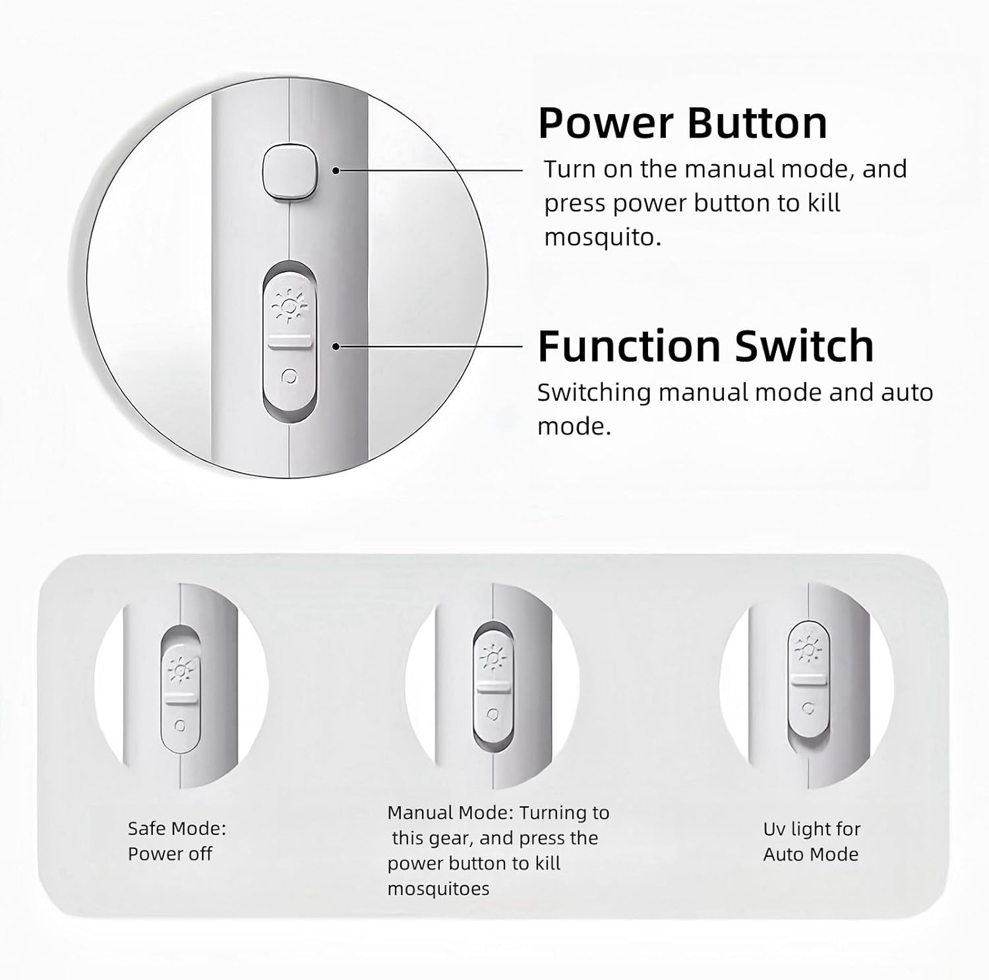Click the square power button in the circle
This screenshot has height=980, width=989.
tap(291, 173)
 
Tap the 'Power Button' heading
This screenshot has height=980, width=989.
tap(682, 123)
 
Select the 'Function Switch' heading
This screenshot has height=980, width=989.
tap(705, 346)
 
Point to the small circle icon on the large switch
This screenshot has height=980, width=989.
tap(289, 376)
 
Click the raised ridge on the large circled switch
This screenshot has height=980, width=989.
tap(289, 341)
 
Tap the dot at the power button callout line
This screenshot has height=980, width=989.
tap(336, 170)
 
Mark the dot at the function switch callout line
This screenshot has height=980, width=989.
tap(336, 346)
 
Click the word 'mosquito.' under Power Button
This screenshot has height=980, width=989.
tap(603, 237)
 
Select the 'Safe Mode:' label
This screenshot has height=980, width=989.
tap(177, 828)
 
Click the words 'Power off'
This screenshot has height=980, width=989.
tap(170, 854)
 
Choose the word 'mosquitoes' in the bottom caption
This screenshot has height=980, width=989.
tap(438, 889)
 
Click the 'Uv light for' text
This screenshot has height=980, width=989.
tap(812, 829)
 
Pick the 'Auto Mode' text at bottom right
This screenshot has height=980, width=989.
tap(811, 855)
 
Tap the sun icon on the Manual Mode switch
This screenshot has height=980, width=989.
tap(493, 658)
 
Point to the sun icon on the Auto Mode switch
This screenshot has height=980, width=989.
tap(808, 649)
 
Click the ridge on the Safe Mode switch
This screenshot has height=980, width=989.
tap(180, 697)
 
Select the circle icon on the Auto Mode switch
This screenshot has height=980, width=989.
tap(808, 708)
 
